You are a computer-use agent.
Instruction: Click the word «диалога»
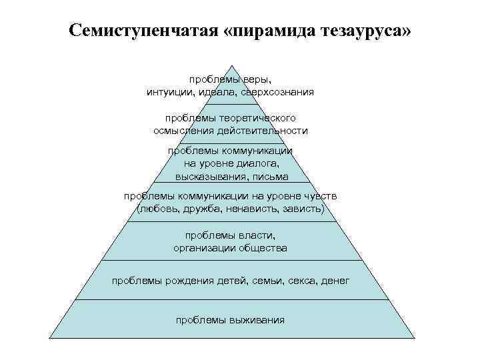[x=259, y=163]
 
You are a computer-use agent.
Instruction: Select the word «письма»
[x=272, y=176]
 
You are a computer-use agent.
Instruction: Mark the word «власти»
[x=256, y=235]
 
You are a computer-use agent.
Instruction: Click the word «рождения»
[x=189, y=281]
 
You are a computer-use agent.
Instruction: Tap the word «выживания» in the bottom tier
[x=257, y=320]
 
